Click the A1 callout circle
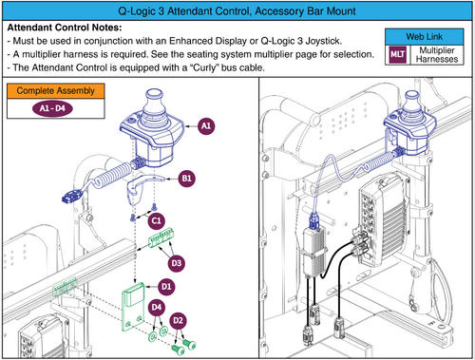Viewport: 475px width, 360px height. [206, 124]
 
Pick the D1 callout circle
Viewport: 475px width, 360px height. [165, 285]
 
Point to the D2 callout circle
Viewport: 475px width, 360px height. [178, 319]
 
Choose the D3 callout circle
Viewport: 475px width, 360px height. [176, 261]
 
